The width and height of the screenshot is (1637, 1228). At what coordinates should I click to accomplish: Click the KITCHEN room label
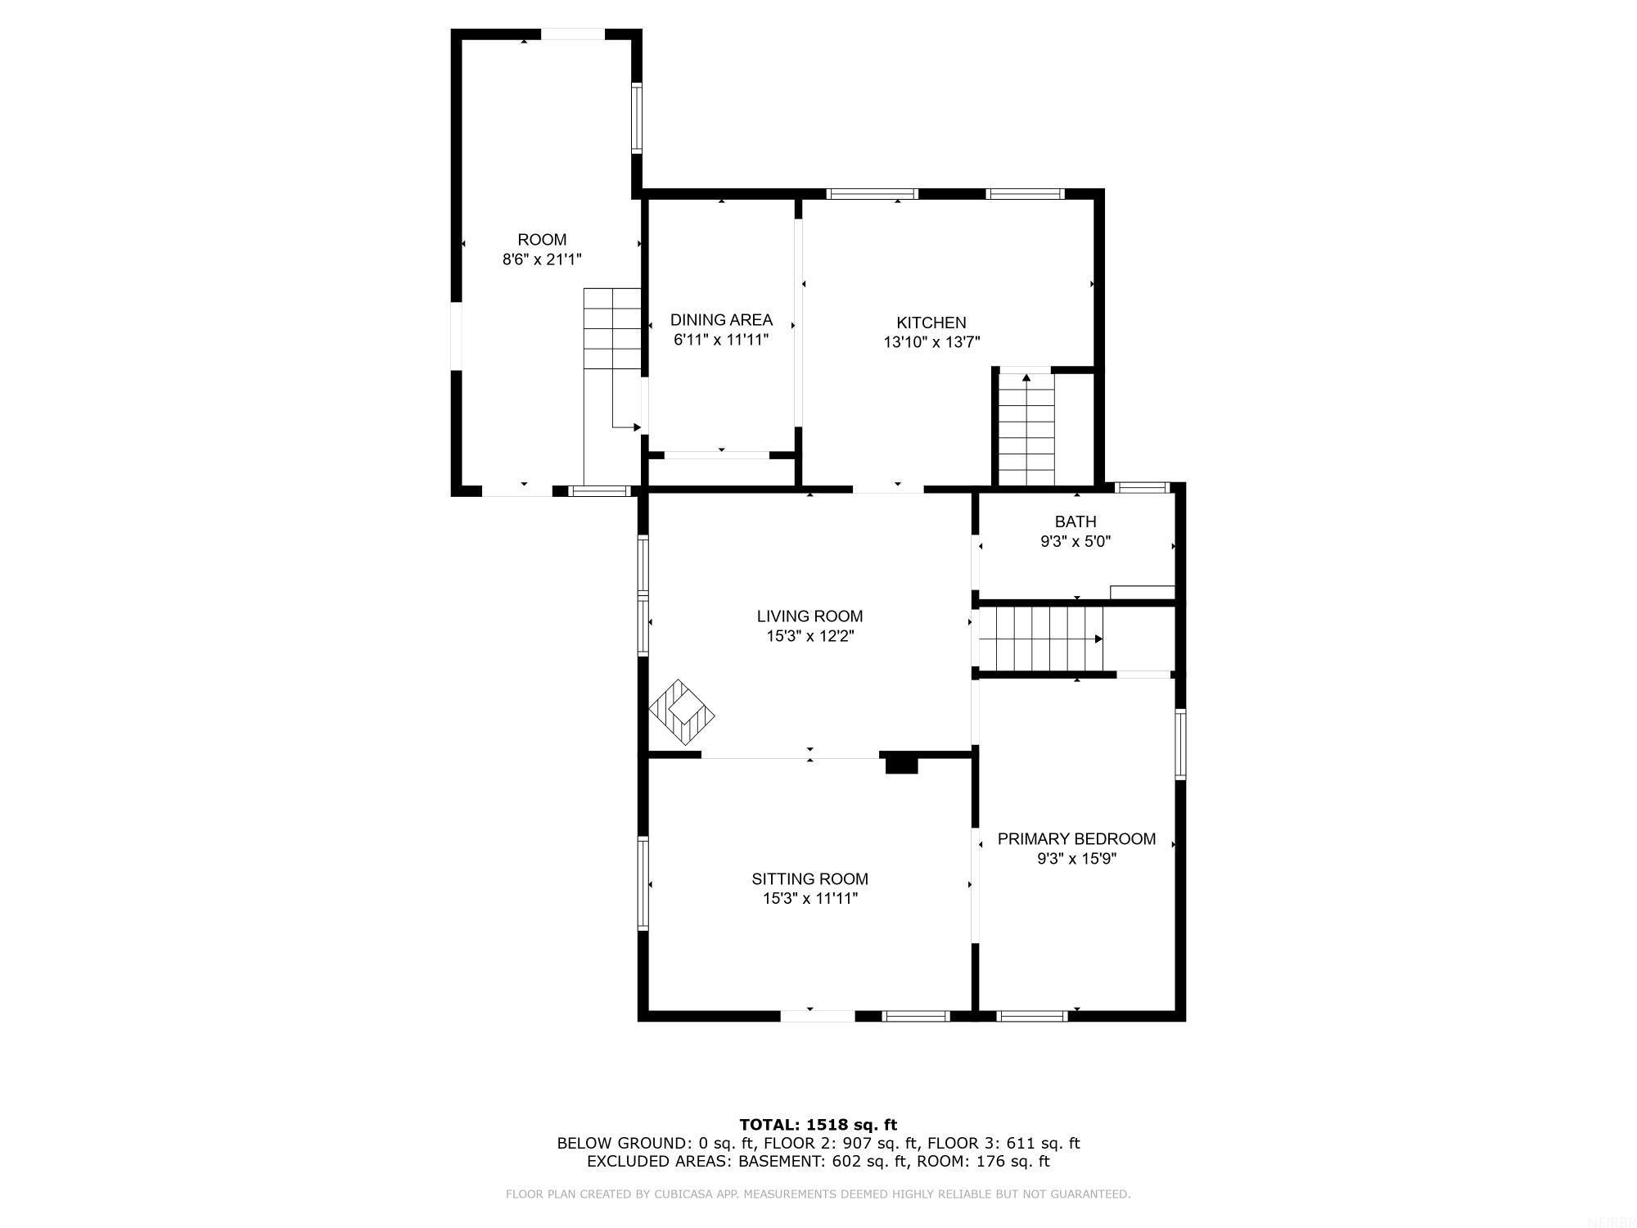(x=931, y=323)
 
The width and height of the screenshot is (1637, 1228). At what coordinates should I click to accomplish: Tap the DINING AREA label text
(x=721, y=320)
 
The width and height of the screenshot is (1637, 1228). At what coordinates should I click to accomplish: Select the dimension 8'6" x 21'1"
(x=542, y=260)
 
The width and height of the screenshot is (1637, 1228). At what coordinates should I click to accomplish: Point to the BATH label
(x=1075, y=521)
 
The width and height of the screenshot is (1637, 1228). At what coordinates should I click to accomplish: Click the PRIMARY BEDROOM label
(x=1076, y=839)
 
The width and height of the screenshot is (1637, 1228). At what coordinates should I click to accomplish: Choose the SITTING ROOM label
(x=809, y=879)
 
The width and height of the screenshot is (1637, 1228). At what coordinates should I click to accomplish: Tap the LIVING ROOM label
(x=809, y=616)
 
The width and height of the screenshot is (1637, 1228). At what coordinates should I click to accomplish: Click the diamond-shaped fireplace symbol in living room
(x=682, y=711)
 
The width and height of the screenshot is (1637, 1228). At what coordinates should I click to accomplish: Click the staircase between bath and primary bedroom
(x=1039, y=639)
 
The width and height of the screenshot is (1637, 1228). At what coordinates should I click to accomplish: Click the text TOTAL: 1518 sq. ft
(x=818, y=1125)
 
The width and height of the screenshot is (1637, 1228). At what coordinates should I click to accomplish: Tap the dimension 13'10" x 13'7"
(x=931, y=342)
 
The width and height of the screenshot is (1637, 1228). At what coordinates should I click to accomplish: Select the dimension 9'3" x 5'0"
(x=1075, y=541)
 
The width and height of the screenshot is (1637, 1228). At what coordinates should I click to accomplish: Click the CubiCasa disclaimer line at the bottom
(x=818, y=1194)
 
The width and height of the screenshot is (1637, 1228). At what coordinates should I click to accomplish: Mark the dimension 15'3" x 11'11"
(x=809, y=899)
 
